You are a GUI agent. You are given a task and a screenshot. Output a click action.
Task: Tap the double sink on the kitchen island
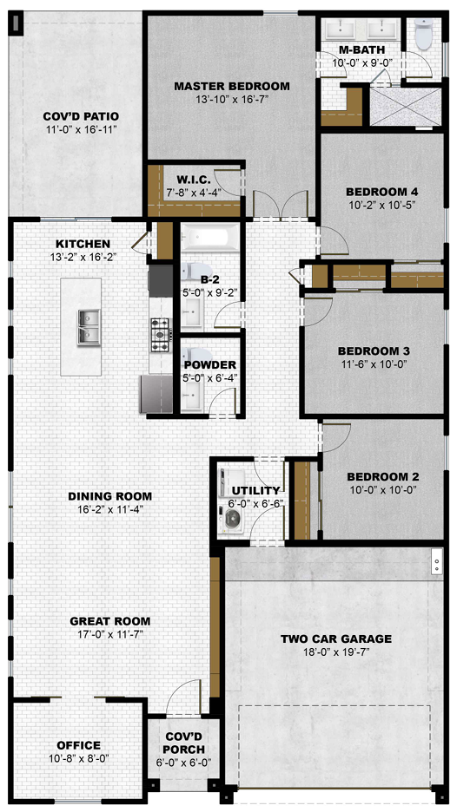pos(89,327)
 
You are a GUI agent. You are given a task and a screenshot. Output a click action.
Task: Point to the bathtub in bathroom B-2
pos(210,239)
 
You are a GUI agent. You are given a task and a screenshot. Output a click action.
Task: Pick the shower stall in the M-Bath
pos(406,107)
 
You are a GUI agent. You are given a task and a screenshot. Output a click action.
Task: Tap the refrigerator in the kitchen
pos(156,394)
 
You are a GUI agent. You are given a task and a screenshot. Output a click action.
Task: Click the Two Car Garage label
pos(335,638)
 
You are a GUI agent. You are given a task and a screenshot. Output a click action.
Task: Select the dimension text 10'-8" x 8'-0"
pos(79,758)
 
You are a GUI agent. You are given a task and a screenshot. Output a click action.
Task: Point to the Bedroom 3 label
pos(374,350)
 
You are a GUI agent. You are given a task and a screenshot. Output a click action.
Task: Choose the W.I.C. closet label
pos(194,180)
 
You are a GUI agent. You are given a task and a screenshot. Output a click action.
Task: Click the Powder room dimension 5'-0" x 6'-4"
pos(209,377)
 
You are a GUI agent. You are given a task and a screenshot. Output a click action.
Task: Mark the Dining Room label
pos(110,496)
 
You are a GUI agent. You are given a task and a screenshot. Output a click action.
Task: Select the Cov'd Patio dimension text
pos(81,129)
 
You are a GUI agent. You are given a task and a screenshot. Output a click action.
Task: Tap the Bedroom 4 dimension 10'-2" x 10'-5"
pos(381,204)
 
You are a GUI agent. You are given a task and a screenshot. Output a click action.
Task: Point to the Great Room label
pos(110,621)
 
